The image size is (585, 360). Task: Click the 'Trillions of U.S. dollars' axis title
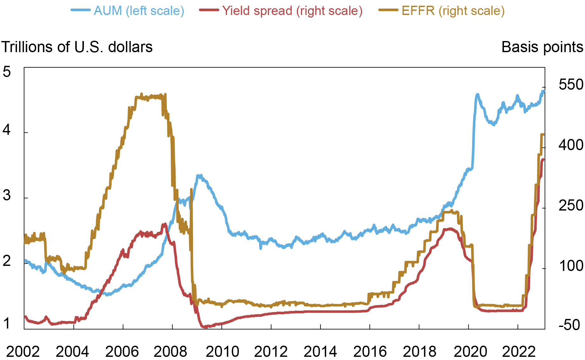click(x=77, y=47)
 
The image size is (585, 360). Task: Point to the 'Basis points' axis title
click(x=542, y=47)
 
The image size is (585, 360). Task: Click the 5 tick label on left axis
click(x=7, y=72)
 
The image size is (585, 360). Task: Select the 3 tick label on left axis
click(x=7, y=195)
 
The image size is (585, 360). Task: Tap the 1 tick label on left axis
click(x=7, y=324)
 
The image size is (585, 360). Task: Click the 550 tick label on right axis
click(x=571, y=85)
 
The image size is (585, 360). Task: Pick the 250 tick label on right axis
click(x=571, y=205)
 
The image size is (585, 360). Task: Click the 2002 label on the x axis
click(x=23, y=352)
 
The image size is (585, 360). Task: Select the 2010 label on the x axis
click(x=222, y=352)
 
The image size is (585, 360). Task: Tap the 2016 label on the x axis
click(x=370, y=352)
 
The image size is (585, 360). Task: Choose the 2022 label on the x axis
click(x=519, y=352)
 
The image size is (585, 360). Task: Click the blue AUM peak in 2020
click(x=477, y=94)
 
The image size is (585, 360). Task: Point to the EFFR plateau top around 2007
click(x=149, y=97)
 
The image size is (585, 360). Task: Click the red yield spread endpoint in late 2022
click(x=543, y=159)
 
